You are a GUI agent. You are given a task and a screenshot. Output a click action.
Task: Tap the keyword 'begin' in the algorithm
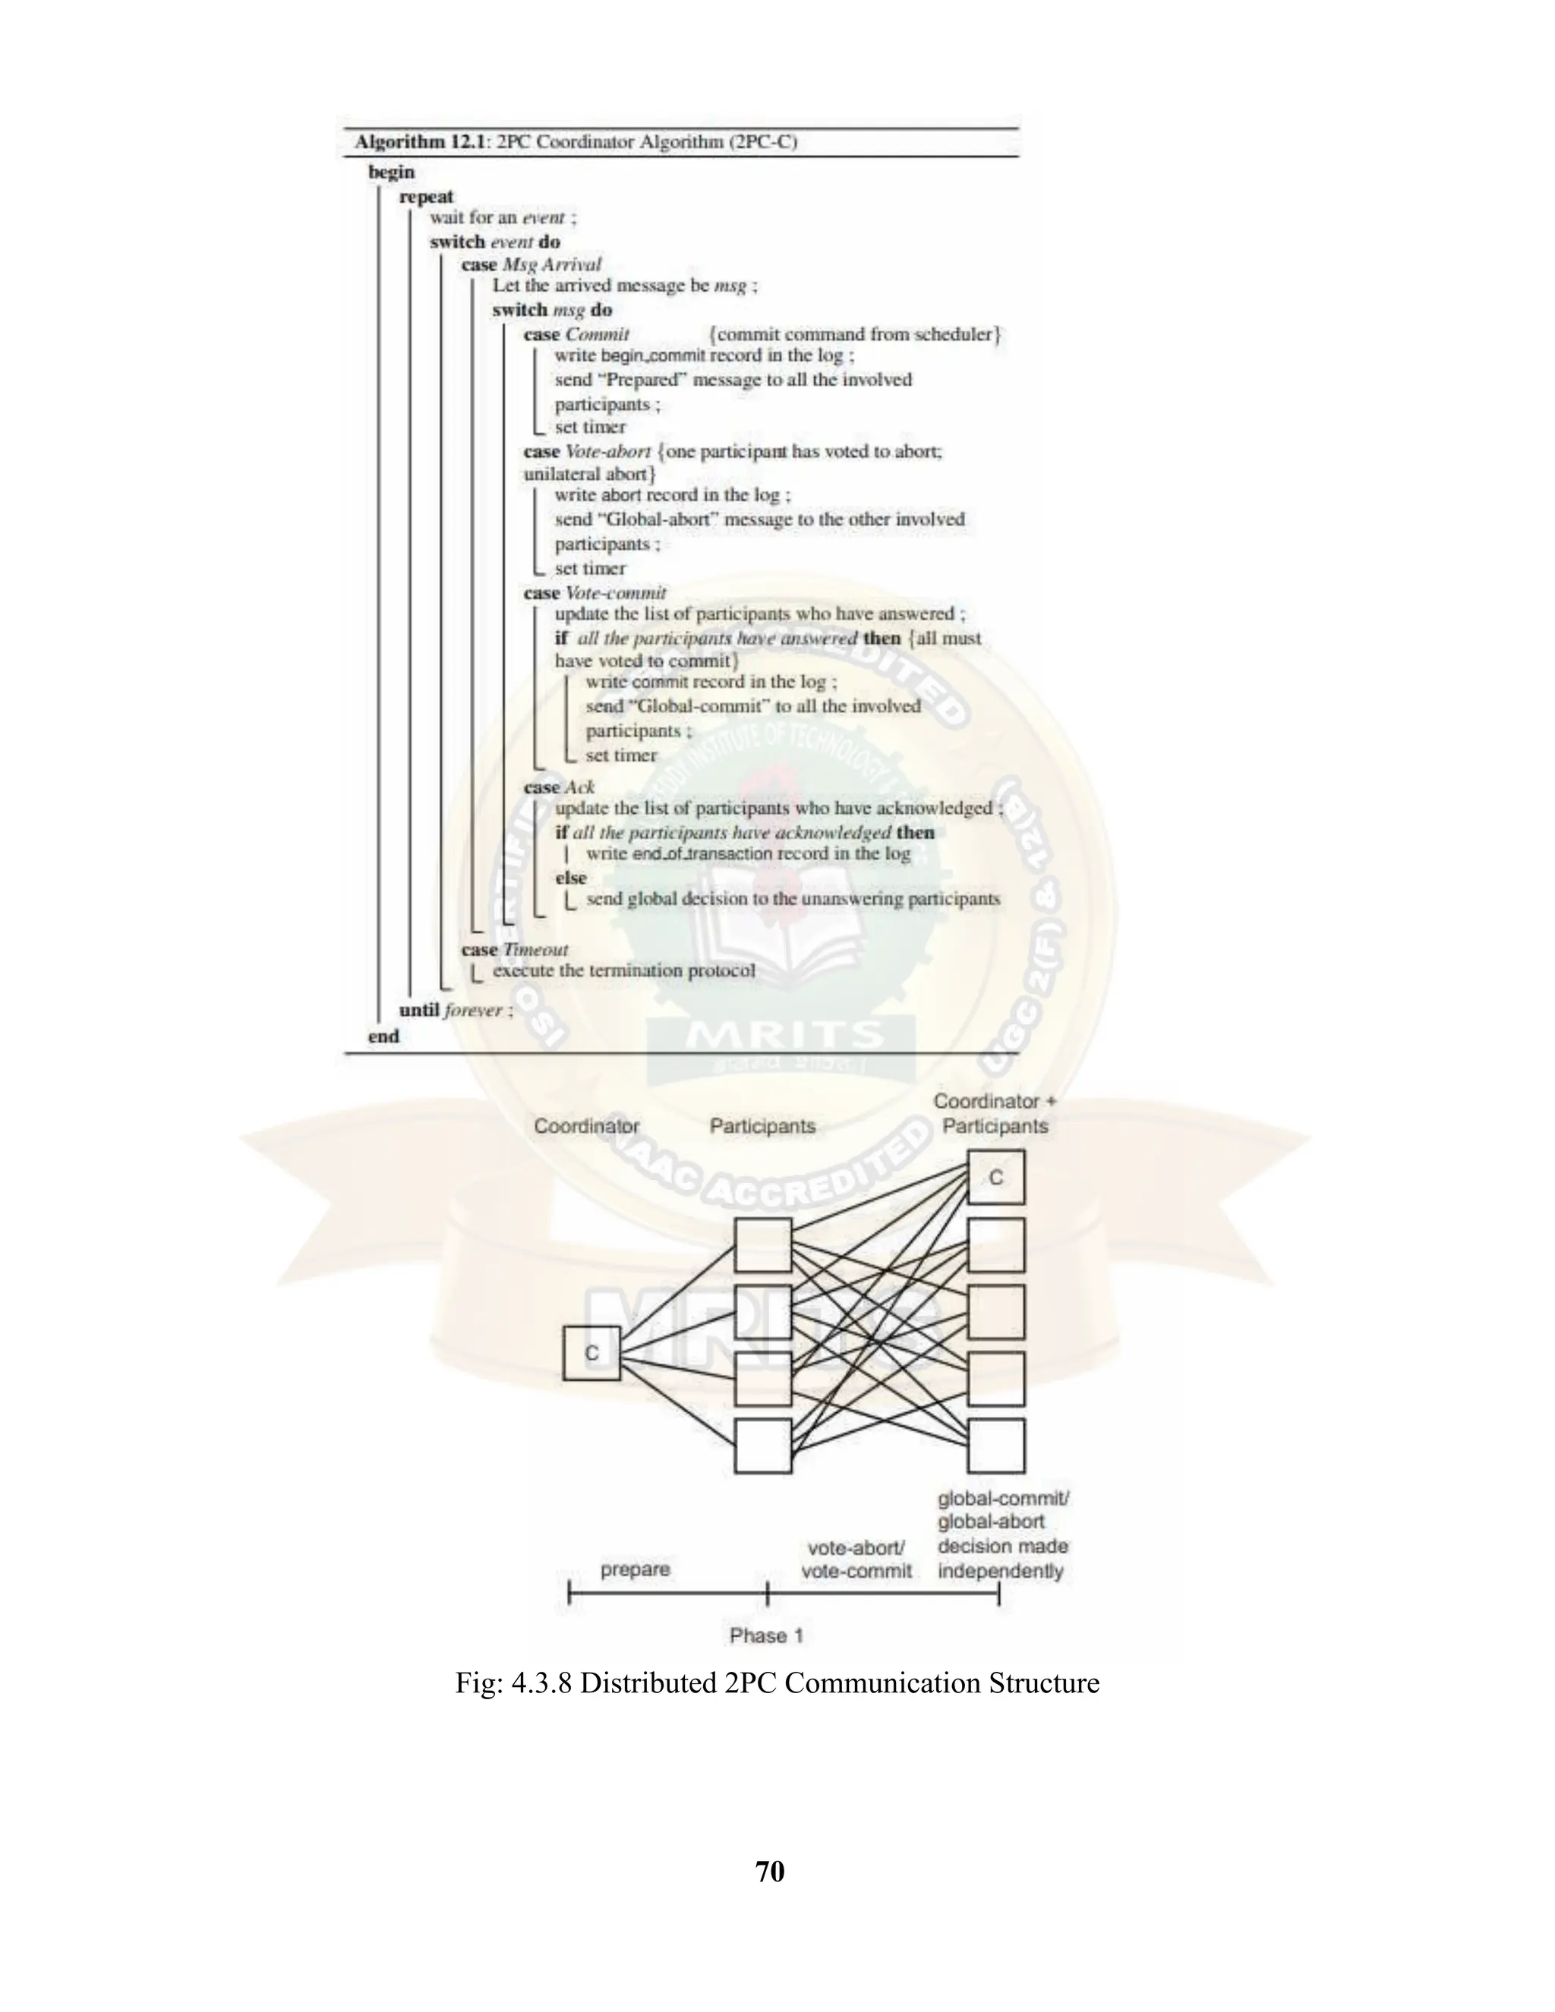tap(392, 172)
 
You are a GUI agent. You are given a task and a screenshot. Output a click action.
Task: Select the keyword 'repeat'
tap(427, 196)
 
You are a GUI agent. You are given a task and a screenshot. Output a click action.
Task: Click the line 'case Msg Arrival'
tap(531, 264)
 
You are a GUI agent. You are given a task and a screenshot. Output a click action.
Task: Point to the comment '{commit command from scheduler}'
tap(855, 333)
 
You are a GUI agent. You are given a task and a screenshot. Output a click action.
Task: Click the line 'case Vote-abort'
tap(587, 452)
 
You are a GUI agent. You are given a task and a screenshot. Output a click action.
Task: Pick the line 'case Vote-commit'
tap(595, 592)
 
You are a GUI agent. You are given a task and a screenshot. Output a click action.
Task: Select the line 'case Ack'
tap(559, 787)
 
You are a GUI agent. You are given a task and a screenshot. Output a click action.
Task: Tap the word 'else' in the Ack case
tap(571, 877)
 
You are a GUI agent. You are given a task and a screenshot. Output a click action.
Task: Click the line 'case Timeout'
tap(515, 949)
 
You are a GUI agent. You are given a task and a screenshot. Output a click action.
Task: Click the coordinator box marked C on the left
tap(591, 1352)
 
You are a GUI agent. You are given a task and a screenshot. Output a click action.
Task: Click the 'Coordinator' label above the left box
tap(587, 1126)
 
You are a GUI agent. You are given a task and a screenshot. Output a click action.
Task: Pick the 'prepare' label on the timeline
tap(636, 1569)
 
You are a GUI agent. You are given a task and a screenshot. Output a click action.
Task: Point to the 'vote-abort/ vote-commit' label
tap(856, 1559)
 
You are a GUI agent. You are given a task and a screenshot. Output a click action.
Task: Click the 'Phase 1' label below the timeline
tap(766, 1635)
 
